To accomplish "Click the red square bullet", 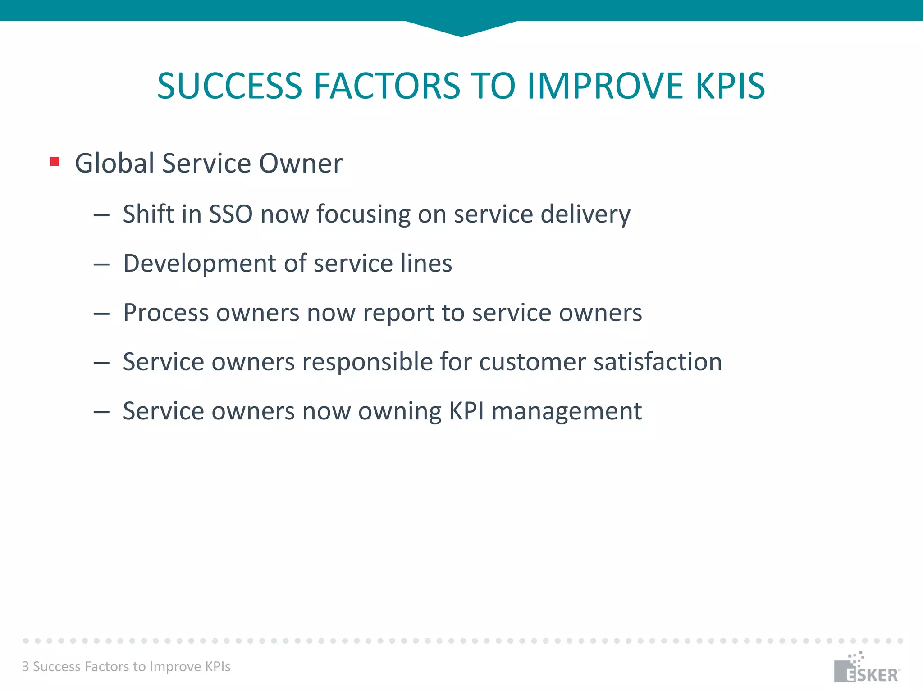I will pyautogui.click(x=55, y=161).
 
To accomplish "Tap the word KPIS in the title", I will pyautogui.click(x=730, y=86).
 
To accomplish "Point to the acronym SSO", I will pyautogui.click(x=231, y=214).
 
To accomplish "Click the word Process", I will pyautogui.click(x=166, y=313).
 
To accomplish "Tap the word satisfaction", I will pyautogui.click(x=658, y=362).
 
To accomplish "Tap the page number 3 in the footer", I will pyautogui.click(x=26, y=666).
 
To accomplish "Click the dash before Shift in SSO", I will pyautogui.click(x=101, y=215).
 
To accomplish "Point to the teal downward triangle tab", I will pyautogui.click(x=461, y=28).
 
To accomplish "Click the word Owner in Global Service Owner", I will pyautogui.click(x=301, y=163).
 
